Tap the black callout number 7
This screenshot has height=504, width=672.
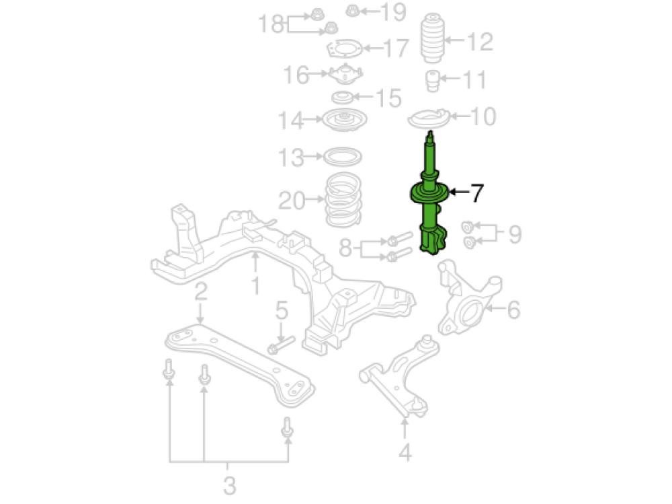(476, 192)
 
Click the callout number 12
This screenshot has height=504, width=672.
(480, 41)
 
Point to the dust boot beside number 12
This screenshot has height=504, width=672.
(432, 38)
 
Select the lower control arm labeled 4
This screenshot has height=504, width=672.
(398, 377)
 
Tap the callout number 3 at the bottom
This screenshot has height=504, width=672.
(229, 486)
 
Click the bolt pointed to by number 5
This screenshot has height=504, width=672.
(281, 345)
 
